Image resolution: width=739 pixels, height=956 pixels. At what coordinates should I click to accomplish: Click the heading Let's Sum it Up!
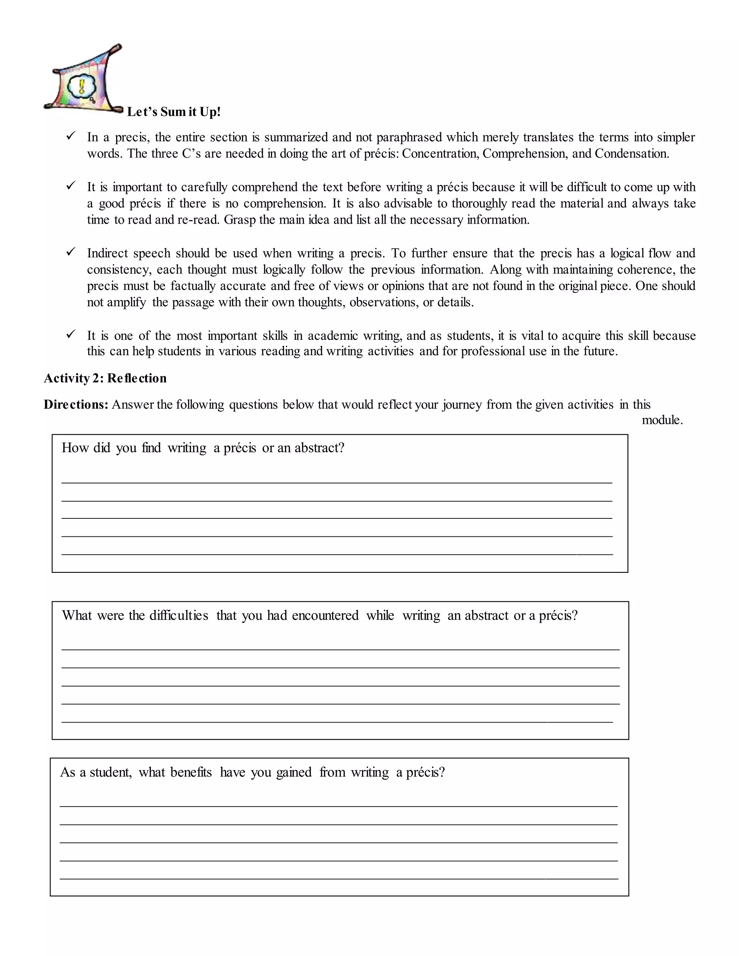click(174, 112)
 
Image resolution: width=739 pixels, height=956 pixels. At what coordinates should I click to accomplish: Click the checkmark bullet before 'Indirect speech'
click(71, 252)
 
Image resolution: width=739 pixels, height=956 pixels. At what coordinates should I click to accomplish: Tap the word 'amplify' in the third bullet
click(127, 302)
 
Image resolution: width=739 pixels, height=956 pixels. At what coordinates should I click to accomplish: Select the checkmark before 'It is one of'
click(71, 334)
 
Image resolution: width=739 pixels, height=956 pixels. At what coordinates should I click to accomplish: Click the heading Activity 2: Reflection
click(105, 378)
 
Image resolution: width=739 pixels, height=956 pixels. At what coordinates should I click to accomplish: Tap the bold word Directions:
click(76, 404)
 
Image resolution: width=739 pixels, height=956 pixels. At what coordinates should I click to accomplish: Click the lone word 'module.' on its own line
click(662, 420)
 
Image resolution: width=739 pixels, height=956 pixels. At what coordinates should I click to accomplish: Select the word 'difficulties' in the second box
click(179, 615)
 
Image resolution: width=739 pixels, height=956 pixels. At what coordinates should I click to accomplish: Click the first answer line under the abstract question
click(337, 482)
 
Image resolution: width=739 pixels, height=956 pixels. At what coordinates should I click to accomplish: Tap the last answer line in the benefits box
click(338, 878)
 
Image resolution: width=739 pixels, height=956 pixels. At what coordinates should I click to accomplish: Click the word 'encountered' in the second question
click(325, 615)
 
